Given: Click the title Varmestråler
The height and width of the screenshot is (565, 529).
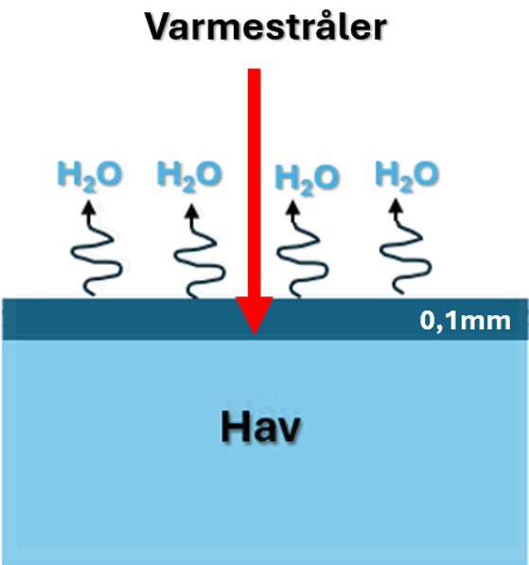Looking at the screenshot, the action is tap(266, 26).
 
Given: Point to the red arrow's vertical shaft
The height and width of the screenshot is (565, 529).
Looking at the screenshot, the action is tap(254, 183).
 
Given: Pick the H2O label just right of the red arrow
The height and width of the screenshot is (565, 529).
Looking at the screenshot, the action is tap(307, 180).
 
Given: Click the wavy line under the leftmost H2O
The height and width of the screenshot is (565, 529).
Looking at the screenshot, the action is tap(97, 253).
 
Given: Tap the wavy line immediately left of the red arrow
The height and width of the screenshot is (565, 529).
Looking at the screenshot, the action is tap(200, 254).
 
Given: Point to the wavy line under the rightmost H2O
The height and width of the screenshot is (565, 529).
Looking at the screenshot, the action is tap(405, 251).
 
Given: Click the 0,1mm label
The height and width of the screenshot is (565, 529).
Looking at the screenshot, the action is tap(466, 321).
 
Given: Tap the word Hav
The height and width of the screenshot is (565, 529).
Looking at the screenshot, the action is tap(260, 427).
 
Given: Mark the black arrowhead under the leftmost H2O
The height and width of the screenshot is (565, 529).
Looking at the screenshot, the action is tap(89, 209).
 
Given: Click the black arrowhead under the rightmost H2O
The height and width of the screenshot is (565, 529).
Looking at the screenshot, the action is tap(397, 206).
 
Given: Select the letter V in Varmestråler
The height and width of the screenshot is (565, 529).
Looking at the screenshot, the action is tap(158, 27).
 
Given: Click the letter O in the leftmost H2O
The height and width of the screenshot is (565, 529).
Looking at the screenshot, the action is tap(109, 174).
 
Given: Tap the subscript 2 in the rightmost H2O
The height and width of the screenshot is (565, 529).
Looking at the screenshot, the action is tap(405, 185).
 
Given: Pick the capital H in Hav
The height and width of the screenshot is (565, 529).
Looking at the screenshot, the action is tap(233, 427).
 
